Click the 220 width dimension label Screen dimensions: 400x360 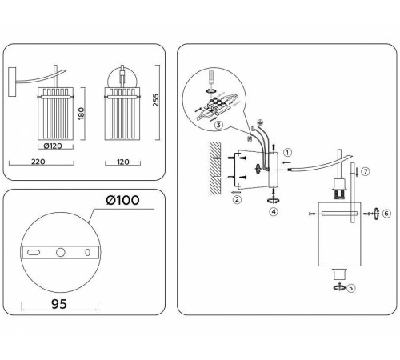(38, 162)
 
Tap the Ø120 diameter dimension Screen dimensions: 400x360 (53, 146)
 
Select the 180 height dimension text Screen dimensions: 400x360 (82, 114)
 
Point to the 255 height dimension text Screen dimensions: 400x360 (155, 100)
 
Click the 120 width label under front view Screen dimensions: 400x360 (123, 162)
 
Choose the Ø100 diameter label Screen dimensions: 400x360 (122, 200)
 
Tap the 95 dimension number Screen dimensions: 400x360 (59, 304)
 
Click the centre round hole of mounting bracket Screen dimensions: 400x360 (61, 252)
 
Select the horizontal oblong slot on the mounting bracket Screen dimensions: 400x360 (34, 252)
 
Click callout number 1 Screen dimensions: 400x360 (287, 153)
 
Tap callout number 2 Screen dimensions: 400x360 (237, 199)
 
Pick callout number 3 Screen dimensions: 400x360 (218, 125)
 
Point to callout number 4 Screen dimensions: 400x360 (274, 212)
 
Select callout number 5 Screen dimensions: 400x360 (350, 288)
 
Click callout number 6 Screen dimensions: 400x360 (386, 214)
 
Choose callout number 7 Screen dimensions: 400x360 (366, 171)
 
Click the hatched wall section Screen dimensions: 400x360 (215, 168)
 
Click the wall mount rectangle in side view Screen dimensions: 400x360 (12, 82)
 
